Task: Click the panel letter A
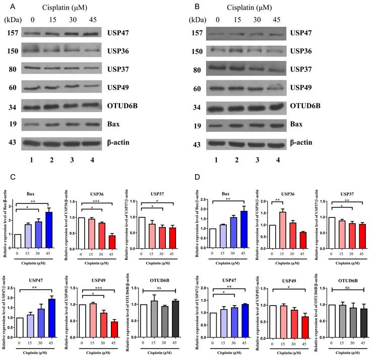[7, 6]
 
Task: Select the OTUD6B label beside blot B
[306, 106]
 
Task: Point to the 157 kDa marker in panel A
[13, 33]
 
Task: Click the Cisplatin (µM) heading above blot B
[246, 7]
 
